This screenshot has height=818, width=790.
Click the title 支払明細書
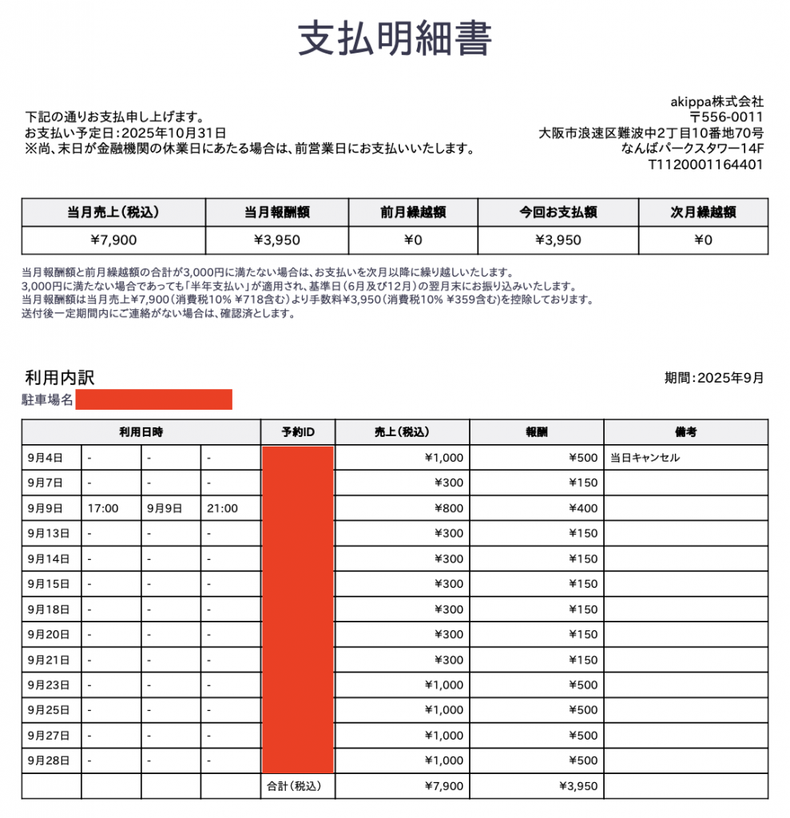click(x=395, y=38)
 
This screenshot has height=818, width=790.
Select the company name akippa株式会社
click(x=717, y=101)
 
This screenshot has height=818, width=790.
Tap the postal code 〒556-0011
click(x=727, y=117)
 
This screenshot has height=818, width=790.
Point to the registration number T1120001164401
click(x=705, y=165)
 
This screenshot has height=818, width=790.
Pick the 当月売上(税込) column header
click(x=113, y=212)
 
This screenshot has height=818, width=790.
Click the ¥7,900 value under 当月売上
click(x=113, y=240)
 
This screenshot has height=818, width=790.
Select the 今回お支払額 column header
click(x=558, y=212)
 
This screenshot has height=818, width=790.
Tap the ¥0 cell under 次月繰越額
click(x=703, y=240)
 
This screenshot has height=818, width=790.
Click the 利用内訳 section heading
click(x=60, y=378)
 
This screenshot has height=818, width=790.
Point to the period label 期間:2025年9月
click(x=714, y=378)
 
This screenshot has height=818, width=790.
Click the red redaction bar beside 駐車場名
click(x=153, y=399)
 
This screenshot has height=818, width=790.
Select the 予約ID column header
click(x=298, y=432)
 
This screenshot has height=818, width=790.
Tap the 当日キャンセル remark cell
click(x=645, y=458)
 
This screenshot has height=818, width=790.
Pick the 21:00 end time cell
click(x=222, y=508)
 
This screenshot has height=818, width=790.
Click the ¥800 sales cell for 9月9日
click(x=449, y=508)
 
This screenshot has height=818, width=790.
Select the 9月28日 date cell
click(x=49, y=760)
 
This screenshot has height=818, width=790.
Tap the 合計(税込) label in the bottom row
click(x=292, y=786)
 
